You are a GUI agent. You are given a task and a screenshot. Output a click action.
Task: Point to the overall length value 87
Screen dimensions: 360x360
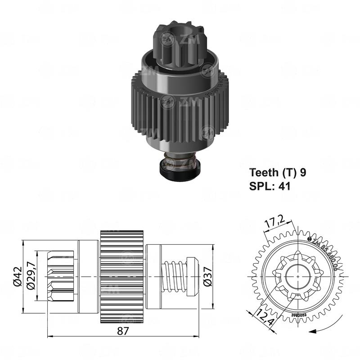[123, 331]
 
